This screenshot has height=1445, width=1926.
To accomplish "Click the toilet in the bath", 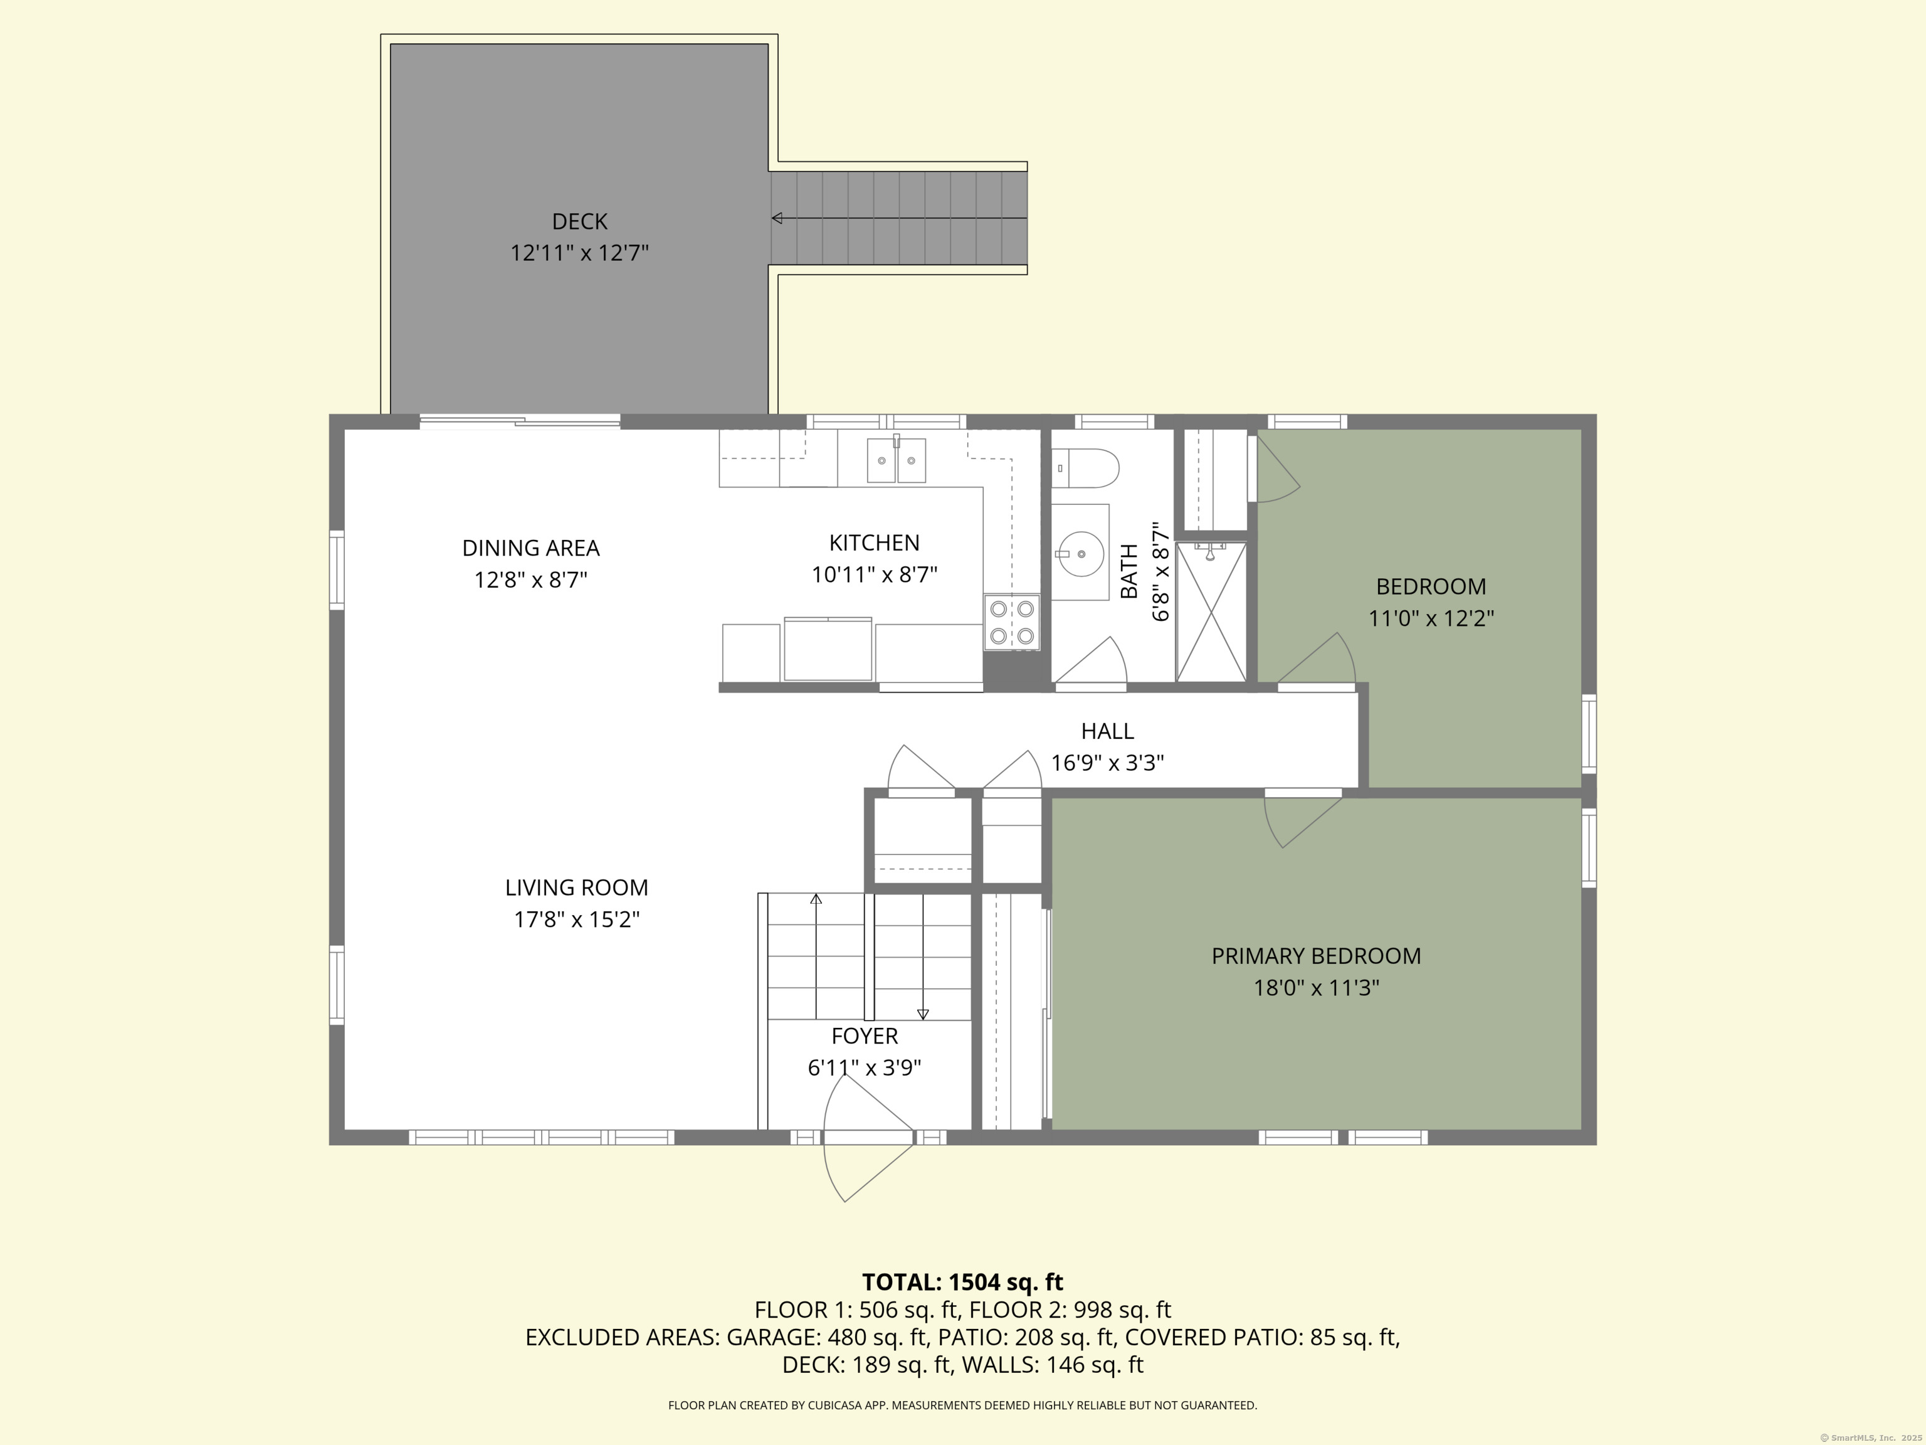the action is coord(1085,468).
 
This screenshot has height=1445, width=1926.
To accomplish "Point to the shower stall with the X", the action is coord(1211,611).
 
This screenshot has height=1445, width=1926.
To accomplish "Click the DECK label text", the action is coord(579,221).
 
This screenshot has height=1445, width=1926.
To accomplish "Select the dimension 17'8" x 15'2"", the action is coord(576,919).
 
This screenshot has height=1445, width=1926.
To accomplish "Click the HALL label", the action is coord(1108,731).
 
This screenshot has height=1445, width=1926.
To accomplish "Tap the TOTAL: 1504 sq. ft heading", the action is coord(962,1281).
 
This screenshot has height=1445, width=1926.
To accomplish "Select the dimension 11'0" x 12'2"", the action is coord(1431,618).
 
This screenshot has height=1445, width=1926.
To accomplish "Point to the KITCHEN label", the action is coord(874,543).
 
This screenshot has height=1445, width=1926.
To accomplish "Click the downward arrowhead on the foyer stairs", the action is coord(923,1014).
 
